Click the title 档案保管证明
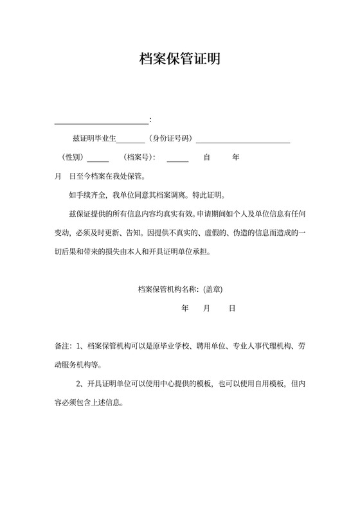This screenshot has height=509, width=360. pos(180,59)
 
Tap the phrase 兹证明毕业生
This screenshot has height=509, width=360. pos(94,139)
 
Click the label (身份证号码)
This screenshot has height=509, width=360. pos(170,139)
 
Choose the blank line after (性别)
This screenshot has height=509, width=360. pos(98,160)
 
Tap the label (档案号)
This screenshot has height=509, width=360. pos(139,157)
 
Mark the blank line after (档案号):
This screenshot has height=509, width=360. pos(177,160)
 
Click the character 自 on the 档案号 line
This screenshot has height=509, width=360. pos(207,157)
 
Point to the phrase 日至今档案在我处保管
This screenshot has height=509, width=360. pos(107,176)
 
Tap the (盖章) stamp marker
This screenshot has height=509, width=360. pos(212,289)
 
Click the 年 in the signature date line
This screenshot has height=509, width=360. pos(186,308)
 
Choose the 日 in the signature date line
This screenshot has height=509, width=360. pos(232,308)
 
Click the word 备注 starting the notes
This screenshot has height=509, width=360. pos(62,346)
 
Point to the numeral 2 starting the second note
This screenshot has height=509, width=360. pos(78,385)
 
